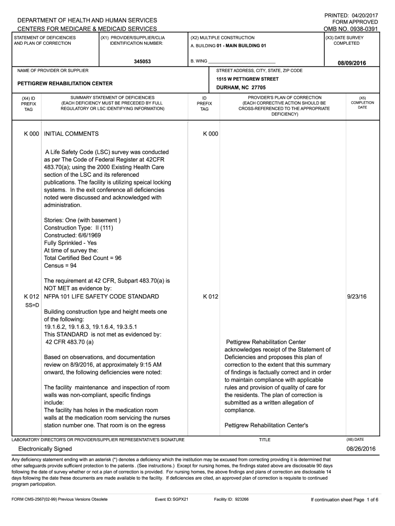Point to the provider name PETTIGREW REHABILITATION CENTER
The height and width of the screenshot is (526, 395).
click(x=65, y=83)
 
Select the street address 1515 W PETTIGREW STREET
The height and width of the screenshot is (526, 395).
click(x=247, y=79)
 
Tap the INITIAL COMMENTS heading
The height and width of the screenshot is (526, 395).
click(x=71, y=134)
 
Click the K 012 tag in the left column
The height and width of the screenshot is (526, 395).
click(x=31, y=297)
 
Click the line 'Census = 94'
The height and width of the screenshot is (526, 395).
click(x=60, y=266)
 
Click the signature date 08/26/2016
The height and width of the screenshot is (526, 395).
click(x=361, y=449)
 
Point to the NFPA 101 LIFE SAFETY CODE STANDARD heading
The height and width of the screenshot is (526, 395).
click(x=102, y=297)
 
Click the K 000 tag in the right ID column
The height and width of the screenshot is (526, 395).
click(x=210, y=134)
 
